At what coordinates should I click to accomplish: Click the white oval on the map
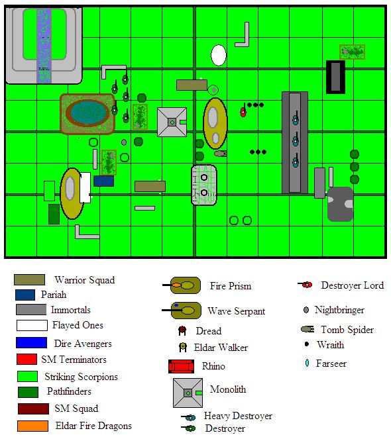pos(219,55)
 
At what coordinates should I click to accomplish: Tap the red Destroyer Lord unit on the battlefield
pos(243,111)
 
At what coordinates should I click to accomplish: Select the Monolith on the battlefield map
pos(172,122)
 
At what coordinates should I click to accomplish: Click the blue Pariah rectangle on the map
pos(103,181)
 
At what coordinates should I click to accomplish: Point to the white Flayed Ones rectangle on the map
pos(85,187)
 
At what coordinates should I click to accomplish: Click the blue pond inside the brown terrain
pos(87,113)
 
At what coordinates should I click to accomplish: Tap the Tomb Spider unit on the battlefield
pos(220,154)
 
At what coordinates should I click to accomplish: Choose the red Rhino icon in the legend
pos(182,366)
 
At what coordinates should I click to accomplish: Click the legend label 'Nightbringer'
pos(339,310)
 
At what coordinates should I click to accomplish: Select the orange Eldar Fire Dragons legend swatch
pos(32,426)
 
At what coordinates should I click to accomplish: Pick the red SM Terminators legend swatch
pos(27,360)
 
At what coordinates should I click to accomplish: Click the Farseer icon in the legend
pos(307,363)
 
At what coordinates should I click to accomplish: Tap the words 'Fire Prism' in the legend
pos(231,286)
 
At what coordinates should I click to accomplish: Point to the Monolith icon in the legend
pos(188,393)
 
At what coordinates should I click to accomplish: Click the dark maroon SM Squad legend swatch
pos(33,409)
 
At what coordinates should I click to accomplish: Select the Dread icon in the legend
pos(182,331)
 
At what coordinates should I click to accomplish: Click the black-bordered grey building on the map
pos(335,77)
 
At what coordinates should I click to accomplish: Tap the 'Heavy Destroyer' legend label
pos(238,416)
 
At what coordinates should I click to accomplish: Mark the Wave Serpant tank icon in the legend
pos(182,310)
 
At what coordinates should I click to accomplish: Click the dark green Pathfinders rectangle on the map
pos(54,214)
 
